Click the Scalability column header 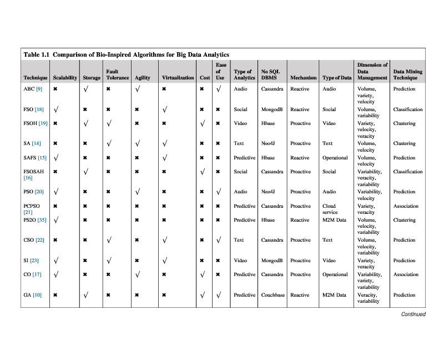(x=65, y=78)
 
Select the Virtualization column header (x=178, y=78)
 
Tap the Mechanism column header (x=303, y=78)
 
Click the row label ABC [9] (x=33, y=89)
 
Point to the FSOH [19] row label (x=35, y=123)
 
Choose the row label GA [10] (x=32, y=295)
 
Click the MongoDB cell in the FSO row (x=272, y=109)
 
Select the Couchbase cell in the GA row (x=273, y=295)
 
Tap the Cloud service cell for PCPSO (x=330, y=209)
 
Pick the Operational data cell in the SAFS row (x=335, y=158)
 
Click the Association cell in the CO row (x=406, y=274)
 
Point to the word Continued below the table (x=413, y=314)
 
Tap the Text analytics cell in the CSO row (x=239, y=241)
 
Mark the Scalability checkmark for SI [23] (x=57, y=261)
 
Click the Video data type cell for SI (x=329, y=261)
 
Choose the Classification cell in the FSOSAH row (x=408, y=172)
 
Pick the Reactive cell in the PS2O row (x=300, y=220)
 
